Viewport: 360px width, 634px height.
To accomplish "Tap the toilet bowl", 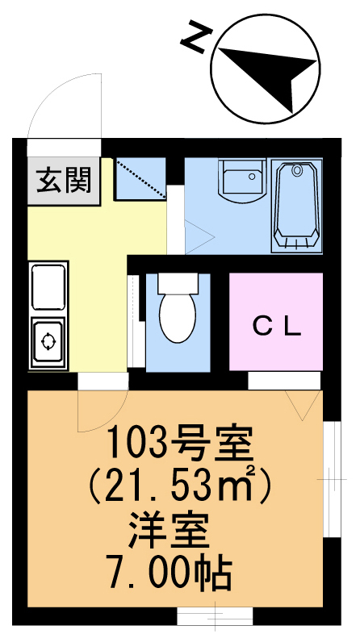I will point(177,317).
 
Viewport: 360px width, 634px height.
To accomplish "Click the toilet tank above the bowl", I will point(177,282).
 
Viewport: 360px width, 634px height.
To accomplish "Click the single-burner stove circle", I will point(47,342).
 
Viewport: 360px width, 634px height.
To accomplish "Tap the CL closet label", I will point(277,326).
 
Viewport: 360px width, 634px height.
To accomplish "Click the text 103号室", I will point(180,443).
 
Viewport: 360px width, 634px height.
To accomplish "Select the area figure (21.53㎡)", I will point(182,486).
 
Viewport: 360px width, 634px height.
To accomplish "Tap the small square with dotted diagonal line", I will point(140,179).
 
